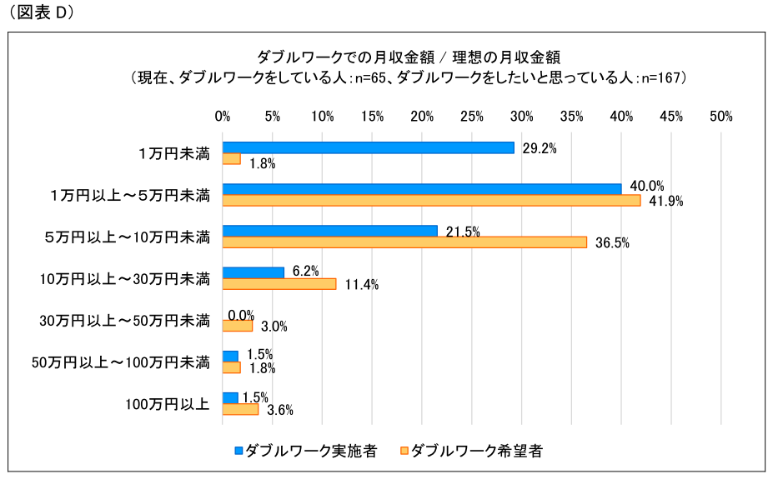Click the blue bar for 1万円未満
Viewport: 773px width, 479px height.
click(368, 147)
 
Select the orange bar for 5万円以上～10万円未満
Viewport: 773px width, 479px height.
click(404, 242)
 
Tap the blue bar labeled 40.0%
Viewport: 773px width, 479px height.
click(422, 189)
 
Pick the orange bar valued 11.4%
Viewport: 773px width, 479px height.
click(279, 283)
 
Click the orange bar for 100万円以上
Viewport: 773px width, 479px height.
click(241, 409)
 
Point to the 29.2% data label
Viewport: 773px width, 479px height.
click(539, 148)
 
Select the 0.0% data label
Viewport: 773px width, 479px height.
click(240, 315)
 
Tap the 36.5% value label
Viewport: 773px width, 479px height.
click(612, 243)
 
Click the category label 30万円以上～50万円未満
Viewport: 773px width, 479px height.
click(125, 320)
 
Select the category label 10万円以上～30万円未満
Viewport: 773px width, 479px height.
click(125, 278)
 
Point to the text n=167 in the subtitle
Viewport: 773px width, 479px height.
click(663, 77)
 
